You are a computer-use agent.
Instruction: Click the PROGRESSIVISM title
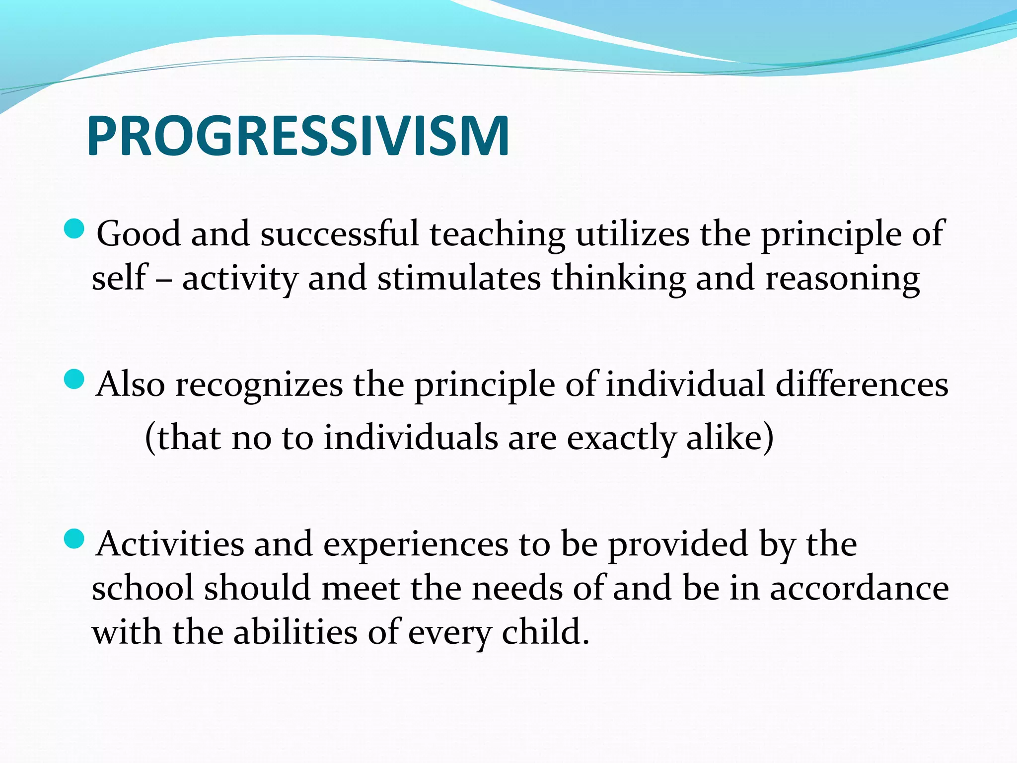coord(298,136)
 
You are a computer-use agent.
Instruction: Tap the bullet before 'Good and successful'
coord(74,229)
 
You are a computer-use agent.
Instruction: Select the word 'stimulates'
coord(459,278)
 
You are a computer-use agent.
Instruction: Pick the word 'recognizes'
coord(259,385)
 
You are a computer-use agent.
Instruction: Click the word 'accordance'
coord(859,589)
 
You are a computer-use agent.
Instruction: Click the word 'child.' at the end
coord(545,632)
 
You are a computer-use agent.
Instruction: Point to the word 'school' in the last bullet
coord(143,589)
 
